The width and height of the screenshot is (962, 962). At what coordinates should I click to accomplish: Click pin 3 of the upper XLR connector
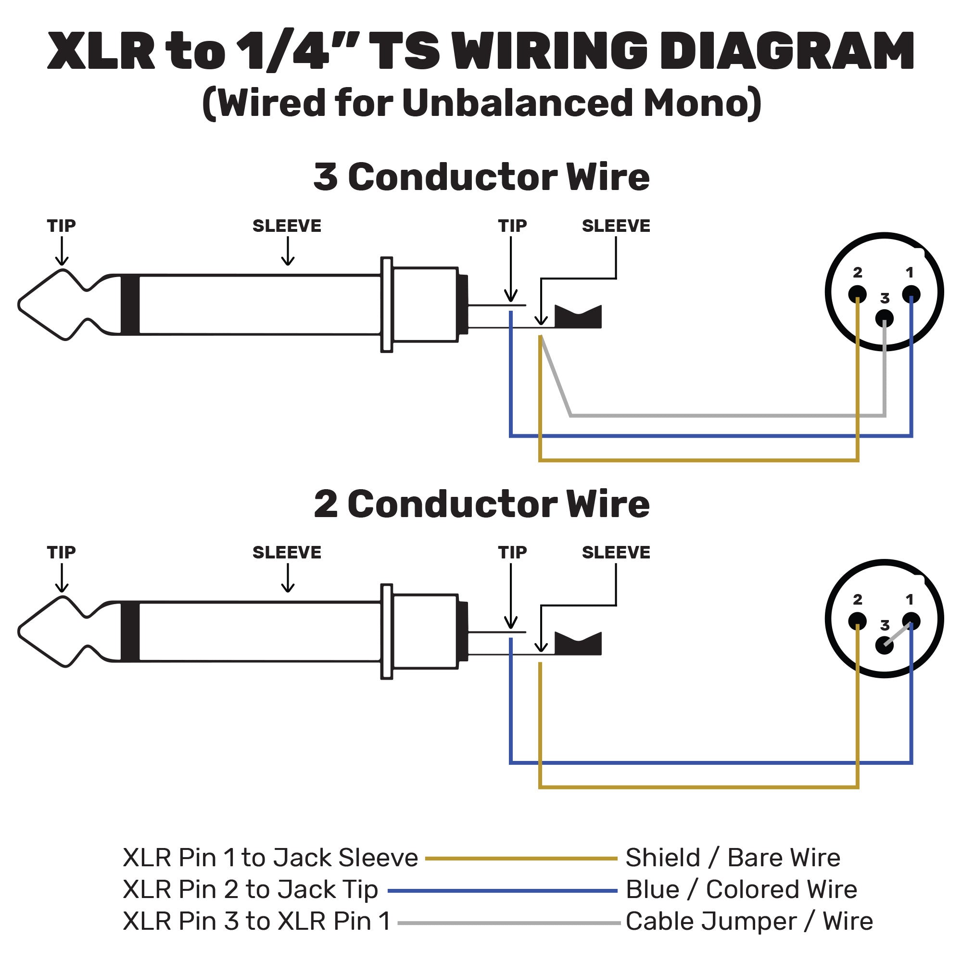coord(885,318)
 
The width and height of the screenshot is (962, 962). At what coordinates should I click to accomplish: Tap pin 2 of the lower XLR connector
coord(857,621)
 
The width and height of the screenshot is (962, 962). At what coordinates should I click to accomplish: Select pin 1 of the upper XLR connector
coord(911,294)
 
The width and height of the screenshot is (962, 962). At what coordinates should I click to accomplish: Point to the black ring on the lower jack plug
coord(130,632)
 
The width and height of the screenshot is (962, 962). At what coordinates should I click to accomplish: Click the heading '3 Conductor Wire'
coord(481,177)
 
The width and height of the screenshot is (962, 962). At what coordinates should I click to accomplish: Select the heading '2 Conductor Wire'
coord(481,504)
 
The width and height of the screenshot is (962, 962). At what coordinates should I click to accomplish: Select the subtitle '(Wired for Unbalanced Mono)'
coord(481,103)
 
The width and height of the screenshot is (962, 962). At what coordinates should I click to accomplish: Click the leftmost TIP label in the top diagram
coord(61,226)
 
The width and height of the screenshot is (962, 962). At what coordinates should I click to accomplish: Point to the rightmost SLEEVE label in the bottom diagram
coord(616,553)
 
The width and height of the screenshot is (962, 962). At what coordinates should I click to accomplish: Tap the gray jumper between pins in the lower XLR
coord(897,634)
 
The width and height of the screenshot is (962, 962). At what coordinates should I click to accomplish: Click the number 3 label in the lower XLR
coord(885,625)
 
